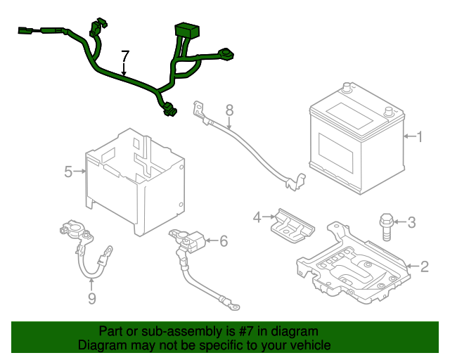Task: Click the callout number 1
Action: [x=420, y=136]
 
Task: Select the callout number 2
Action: [x=424, y=266]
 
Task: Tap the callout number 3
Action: [x=412, y=223]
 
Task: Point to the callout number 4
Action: [x=257, y=217]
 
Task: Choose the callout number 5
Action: [x=68, y=171]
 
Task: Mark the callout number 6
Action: [x=224, y=241]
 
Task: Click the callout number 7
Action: [x=125, y=56]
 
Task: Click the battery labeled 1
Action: [x=355, y=141]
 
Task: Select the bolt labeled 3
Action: [x=386, y=225]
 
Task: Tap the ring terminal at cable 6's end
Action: [x=236, y=306]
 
